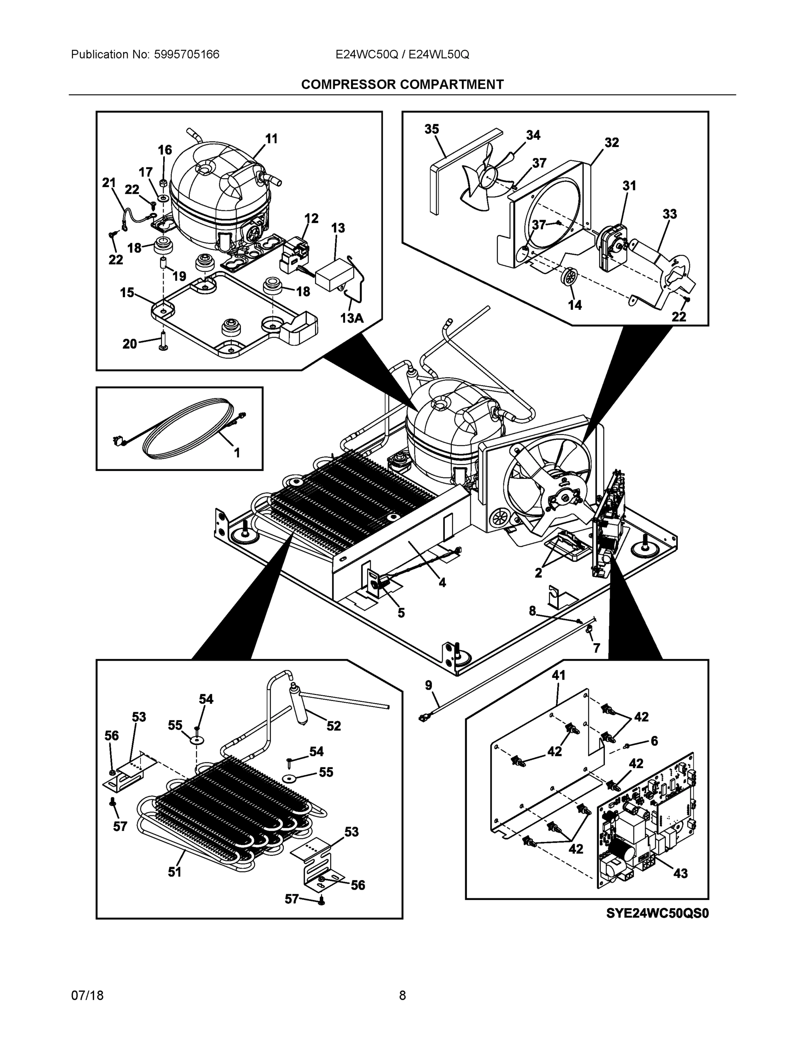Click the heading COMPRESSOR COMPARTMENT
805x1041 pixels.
point(402,85)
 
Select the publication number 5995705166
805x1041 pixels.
point(187,54)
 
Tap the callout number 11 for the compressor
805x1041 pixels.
point(271,139)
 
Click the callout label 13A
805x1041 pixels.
point(352,318)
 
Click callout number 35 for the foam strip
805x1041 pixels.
point(432,129)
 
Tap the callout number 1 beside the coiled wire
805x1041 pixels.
point(237,452)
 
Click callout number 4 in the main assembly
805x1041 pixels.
point(442,582)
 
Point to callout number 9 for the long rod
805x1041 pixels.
point(428,685)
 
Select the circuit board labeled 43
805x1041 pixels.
point(644,820)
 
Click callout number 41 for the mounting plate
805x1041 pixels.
point(559,675)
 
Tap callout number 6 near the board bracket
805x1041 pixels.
point(654,740)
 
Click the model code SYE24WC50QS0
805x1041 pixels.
point(657,913)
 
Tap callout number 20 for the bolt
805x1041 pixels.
point(130,344)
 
